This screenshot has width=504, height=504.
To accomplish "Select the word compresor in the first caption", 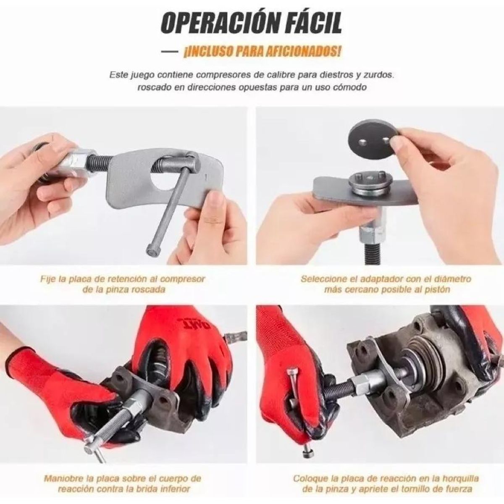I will coord(184,279).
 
